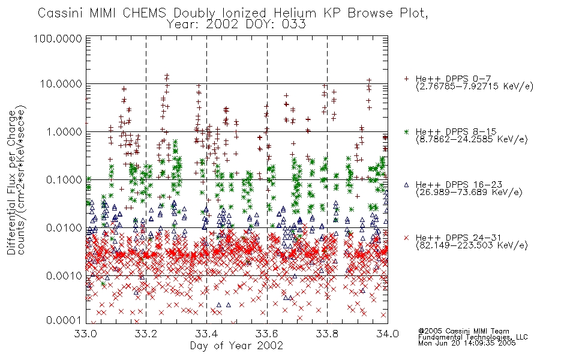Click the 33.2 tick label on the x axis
[146, 334]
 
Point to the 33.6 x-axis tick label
[267, 334]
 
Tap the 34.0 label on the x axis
[388, 334]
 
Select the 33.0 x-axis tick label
[86, 334]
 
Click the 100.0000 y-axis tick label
[58, 38]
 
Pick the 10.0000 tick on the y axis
[61, 84]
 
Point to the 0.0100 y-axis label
[64, 228]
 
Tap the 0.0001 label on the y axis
[64, 320]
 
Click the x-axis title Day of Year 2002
[236, 346]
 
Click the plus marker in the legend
[406, 79]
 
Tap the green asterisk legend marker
[406, 131]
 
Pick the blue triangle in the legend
[406, 185]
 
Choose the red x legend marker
[406, 238]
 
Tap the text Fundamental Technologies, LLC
[473, 337]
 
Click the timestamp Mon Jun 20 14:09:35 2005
[467, 343]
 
